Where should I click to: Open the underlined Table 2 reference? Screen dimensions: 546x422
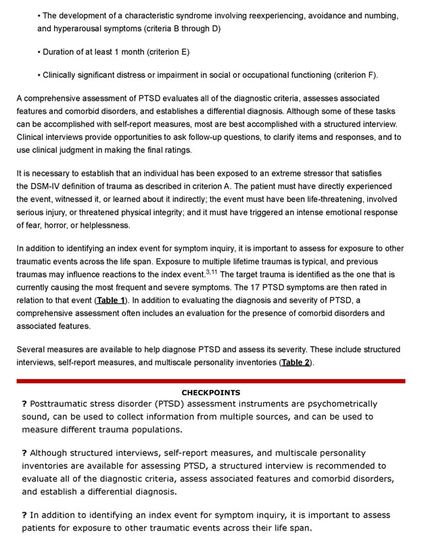[x=297, y=362]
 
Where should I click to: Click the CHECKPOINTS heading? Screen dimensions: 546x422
[x=211, y=393]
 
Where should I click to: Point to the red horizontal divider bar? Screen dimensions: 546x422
[x=211, y=381]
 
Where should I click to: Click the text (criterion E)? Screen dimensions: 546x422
[x=165, y=52]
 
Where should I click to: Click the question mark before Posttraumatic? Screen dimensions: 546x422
[x=24, y=404]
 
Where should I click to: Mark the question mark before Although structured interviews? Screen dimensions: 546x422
[x=24, y=453]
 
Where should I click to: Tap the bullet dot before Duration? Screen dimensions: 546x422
[x=39, y=52]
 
